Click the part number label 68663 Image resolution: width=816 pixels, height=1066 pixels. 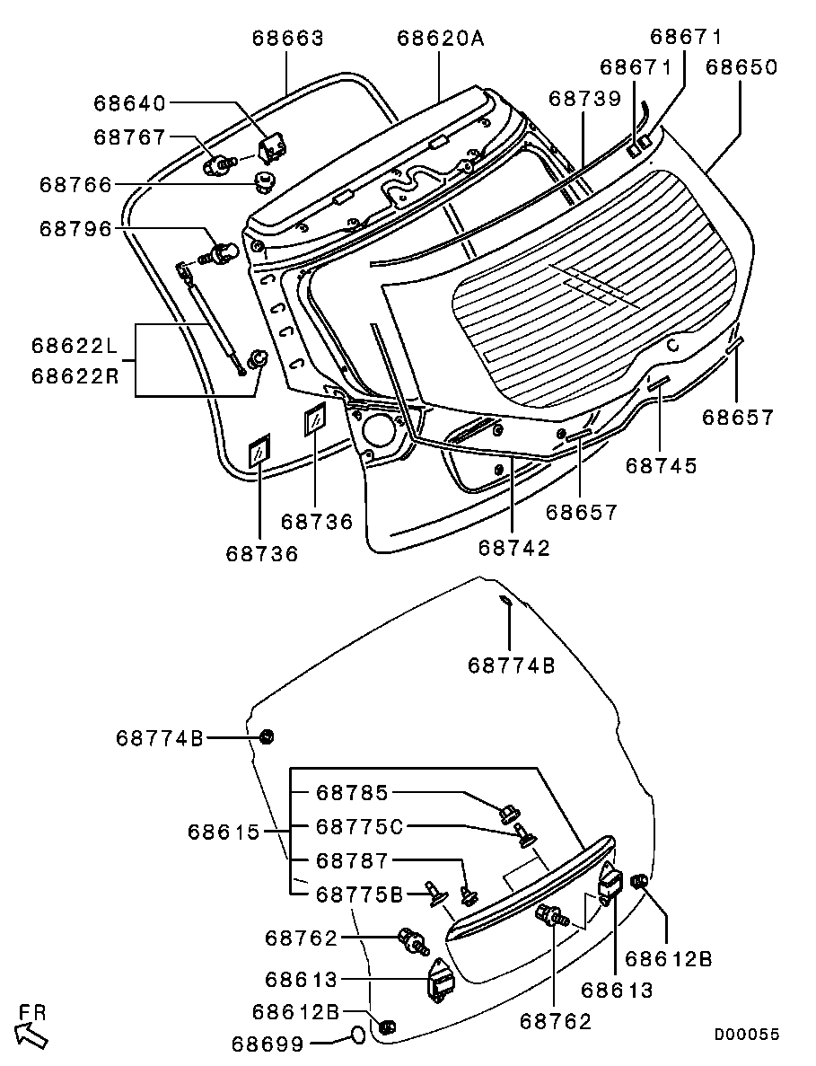(287, 39)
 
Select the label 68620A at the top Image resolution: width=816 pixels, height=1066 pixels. (440, 39)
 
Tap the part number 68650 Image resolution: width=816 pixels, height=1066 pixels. (741, 67)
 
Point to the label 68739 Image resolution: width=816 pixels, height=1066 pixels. (584, 99)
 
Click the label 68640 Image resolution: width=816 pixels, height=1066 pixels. (130, 103)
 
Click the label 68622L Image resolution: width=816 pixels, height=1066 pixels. (75, 345)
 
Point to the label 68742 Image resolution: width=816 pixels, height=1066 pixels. (513, 548)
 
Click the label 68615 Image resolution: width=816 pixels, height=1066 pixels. (224, 833)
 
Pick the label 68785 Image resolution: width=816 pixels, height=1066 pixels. (352, 793)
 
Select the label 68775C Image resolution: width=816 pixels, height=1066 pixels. (357, 826)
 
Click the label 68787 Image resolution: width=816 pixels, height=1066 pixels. (352, 860)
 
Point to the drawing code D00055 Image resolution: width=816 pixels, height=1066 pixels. (746, 1035)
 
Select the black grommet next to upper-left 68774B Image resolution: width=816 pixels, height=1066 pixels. (266, 737)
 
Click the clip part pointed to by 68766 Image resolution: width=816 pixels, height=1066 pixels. (264, 181)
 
